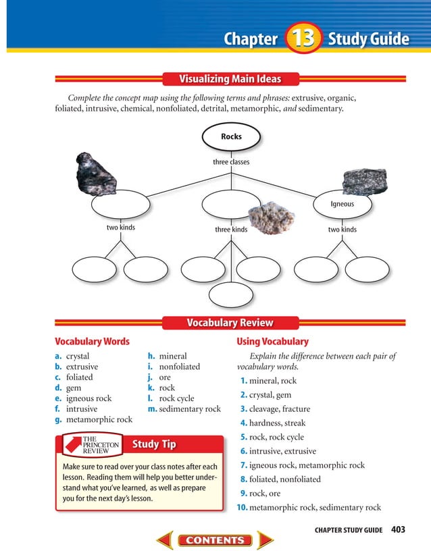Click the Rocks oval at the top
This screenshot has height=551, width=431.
point(231,136)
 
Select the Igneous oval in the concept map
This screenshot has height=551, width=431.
point(342,204)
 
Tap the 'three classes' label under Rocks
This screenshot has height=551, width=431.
point(231,162)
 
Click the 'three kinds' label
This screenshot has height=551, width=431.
point(231,230)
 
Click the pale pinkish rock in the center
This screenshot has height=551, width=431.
point(272,217)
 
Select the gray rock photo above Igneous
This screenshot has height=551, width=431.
point(365,181)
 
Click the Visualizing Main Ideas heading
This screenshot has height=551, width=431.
point(230,78)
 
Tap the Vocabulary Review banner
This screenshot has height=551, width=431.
point(230,323)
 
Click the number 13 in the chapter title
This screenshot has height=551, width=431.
point(302,38)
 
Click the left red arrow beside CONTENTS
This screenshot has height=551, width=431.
point(165,540)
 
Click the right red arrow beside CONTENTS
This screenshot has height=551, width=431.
point(265,540)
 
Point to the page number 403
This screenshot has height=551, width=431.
point(398,529)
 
